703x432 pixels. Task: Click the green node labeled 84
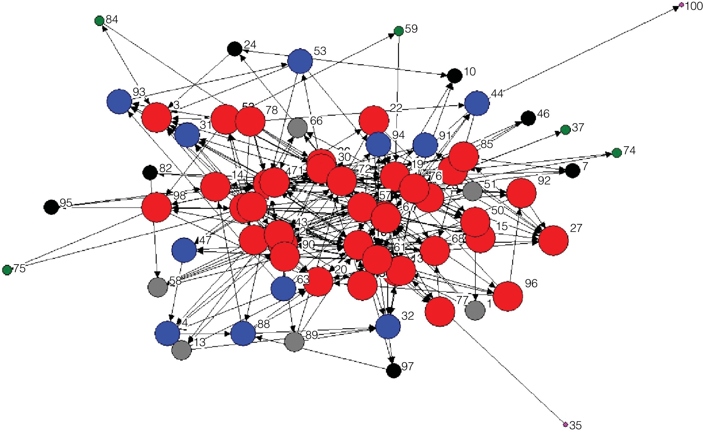pos(99,21)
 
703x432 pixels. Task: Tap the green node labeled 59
pos(399,31)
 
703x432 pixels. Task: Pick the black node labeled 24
pos(234,49)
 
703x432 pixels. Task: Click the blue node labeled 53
pos(300,61)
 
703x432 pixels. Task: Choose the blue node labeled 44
pos(477,103)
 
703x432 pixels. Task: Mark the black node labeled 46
pos(528,118)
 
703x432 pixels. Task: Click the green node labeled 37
pos(565,130)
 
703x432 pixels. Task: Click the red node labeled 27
pos(554,240)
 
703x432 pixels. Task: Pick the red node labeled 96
pos(508,296)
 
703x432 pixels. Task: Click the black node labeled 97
pos(394,371)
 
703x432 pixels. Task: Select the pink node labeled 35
pos(565,424)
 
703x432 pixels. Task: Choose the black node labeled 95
pos(52,207)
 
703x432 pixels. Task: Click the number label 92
pos(544,181)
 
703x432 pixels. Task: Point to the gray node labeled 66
pos(298,128)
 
